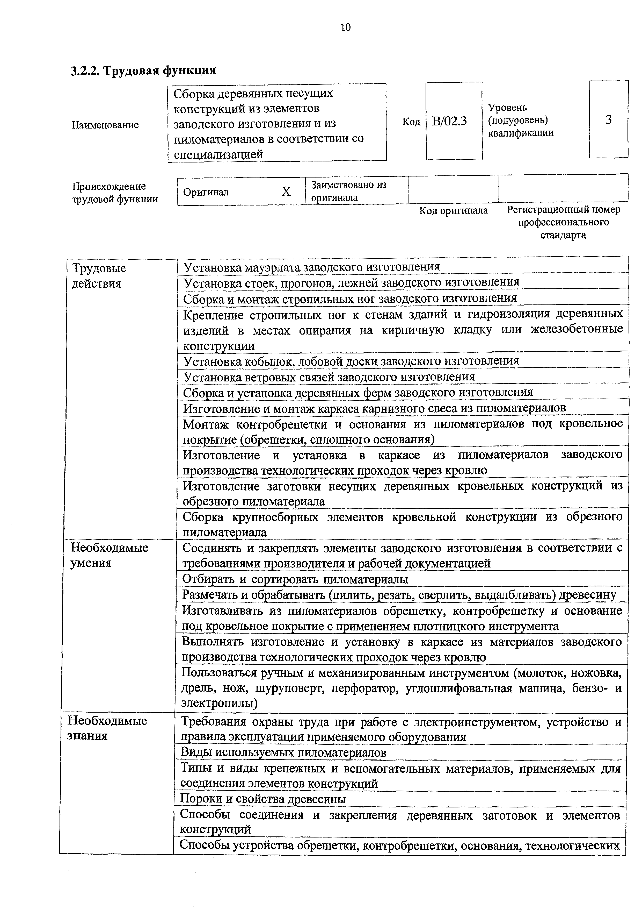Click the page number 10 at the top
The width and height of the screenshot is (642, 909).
click(x=345, y=27)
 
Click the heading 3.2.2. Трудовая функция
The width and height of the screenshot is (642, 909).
click(x=143, y=70)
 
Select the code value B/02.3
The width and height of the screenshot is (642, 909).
click(x=449, y=121)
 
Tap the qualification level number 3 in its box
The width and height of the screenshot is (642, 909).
click(x=608, y=119)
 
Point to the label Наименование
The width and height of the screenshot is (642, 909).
click(x=105, y=125)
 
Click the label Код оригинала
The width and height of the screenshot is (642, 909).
click(x=453, y=211)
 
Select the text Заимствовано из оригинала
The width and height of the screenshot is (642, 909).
click(x=348, y=191)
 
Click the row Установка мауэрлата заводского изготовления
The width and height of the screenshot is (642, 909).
click(x=312, y=267)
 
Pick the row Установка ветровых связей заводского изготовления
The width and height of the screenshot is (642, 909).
click(x=329, y=377)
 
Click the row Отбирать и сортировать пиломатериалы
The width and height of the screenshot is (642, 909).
click(x=295, y=579)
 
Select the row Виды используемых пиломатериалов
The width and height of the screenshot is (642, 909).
click(x=283, y=752)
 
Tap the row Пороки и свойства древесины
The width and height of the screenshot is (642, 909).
click(x=263, y=799)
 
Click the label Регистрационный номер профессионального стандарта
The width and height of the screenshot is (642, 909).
click(x=563, y=222)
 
